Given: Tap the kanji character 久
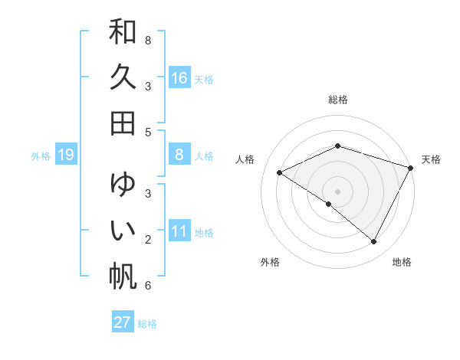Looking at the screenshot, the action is [123, 78].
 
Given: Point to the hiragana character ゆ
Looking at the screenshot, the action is [123, 185].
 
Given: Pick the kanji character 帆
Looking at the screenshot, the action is [123, 275].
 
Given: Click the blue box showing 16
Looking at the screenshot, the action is [179, 78].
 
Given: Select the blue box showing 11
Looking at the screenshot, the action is [179, 232].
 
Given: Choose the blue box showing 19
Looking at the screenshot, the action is [66, 155].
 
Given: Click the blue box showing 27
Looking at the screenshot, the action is [123, 322].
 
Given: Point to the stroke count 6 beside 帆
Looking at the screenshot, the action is [148, 286].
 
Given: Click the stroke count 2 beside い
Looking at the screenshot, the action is [148, 240].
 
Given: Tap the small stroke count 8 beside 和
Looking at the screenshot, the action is [148, 39].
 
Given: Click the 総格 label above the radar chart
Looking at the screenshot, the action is [338, 100].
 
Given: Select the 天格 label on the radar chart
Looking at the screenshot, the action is [432, 159].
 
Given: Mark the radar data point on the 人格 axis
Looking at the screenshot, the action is [280, 172].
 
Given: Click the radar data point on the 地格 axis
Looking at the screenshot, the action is [374, 242].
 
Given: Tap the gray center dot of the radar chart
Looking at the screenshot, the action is [338, 191].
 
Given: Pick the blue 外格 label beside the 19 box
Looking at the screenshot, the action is [41, 156].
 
